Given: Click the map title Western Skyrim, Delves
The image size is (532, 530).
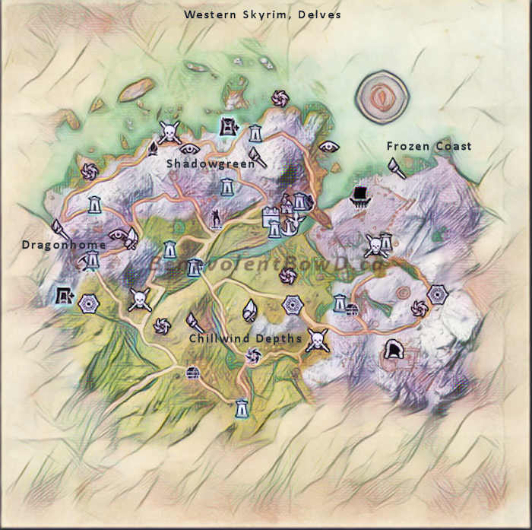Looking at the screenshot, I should tap(262, 14).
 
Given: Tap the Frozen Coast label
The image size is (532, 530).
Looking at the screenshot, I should tap(429, 146).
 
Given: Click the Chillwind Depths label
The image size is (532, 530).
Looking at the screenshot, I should tap(245, 338).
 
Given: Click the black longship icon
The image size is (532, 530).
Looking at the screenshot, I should tap(359, 197).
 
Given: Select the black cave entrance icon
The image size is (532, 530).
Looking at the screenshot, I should tap(393, 350).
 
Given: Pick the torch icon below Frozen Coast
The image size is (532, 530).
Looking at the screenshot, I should tap(395, 167).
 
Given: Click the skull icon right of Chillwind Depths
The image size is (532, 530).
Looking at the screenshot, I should tap(315, 340).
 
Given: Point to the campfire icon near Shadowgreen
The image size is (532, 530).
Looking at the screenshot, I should tap(152, 148).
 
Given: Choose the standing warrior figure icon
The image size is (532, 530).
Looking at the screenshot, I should tap(218, 219).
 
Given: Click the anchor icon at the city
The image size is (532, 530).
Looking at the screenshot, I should tap(290, 224).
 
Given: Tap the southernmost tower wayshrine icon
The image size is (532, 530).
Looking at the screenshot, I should tap(242, 408).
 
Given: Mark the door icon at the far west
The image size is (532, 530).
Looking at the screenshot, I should tap(63, 294).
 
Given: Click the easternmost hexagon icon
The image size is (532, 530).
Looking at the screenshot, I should tap(437, 295).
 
